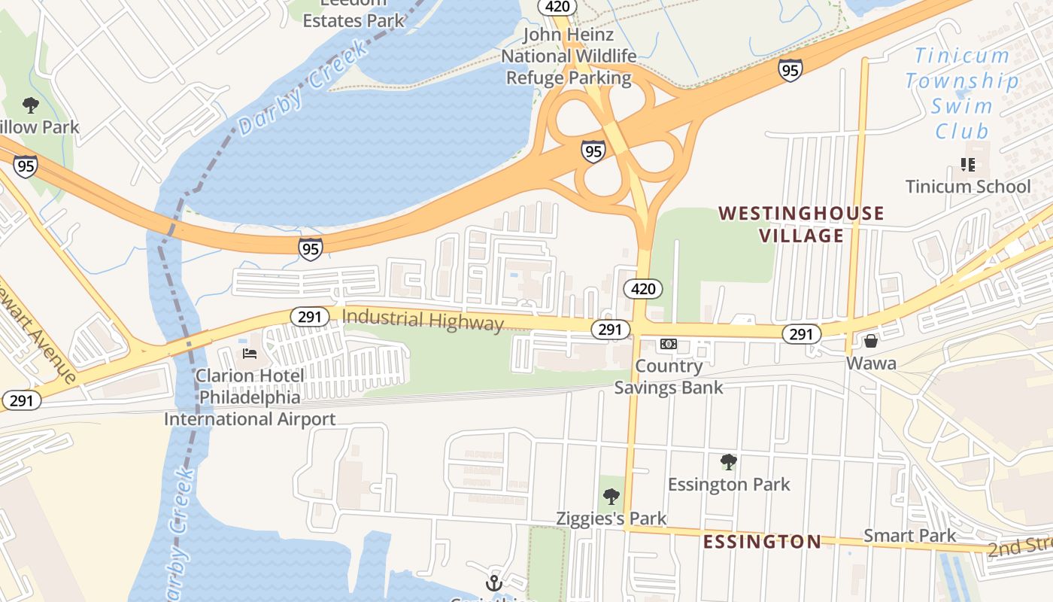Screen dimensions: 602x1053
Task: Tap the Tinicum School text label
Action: point(968,187)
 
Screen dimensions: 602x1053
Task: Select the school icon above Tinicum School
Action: point(968,164)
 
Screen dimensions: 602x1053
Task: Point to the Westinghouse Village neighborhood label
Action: point(801,224)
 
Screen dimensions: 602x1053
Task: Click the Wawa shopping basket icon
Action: point(871,342)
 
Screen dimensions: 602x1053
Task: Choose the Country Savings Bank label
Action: point(669,377)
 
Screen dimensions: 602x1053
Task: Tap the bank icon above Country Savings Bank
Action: point(669,344)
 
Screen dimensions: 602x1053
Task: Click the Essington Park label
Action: point(729,484)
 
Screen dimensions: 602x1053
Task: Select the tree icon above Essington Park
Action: point(728,461)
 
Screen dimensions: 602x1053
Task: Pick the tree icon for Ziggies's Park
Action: point(611,496)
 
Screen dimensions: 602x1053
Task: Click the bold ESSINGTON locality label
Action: point(762,542)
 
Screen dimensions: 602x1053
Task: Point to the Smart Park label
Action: point(909,536)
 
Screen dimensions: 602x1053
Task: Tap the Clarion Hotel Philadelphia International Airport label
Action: point(250,397)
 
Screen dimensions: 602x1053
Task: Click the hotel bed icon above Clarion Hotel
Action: point(250,354)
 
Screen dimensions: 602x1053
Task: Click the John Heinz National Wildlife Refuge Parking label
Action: point(569,56)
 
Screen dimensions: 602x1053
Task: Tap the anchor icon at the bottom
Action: point(494,582)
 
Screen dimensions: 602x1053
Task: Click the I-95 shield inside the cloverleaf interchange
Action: point(593,150)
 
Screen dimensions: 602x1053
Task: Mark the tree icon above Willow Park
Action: point(31,105)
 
